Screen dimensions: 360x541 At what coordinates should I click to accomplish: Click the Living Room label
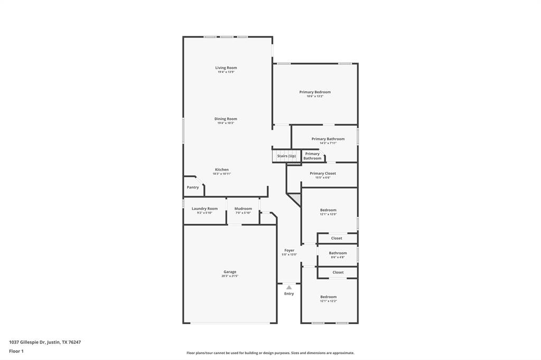click(x=226, y=68)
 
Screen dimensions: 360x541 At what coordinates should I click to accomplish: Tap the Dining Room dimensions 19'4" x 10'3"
click(x=226, y=123)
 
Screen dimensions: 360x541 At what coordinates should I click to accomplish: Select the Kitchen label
click(x=221, y=169)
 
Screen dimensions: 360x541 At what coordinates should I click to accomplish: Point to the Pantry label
click(x=193, y=187)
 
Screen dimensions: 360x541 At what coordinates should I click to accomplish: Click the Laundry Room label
click(x=204, y=209)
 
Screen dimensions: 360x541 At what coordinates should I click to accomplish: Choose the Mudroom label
click(x=243, y=209)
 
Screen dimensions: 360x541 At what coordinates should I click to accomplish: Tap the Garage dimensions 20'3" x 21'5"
click(x=230, y=276)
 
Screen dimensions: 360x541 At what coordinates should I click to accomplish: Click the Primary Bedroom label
click(x=315, y=92)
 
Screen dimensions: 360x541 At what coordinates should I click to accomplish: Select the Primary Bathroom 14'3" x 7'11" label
click(x=328, y=139)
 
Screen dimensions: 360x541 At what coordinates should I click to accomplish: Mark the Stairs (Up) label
click(x=286, y=156)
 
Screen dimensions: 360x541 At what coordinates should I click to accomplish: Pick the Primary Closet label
click(x=322, y=173)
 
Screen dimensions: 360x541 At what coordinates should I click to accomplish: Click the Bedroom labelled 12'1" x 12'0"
click(x=328, y=210)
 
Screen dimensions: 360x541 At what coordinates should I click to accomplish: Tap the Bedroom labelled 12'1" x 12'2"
click(x=328, y=297)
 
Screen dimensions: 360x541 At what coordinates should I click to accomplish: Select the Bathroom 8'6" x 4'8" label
click(x=338, y=253)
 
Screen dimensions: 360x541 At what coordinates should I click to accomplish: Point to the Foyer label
click(x=289, y=250)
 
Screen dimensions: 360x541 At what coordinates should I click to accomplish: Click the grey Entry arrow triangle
click(x=289, y=287)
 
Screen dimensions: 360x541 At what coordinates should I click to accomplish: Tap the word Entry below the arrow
click(x=289, y=293)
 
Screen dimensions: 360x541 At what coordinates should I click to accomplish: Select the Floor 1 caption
click(x=16, y=351)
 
